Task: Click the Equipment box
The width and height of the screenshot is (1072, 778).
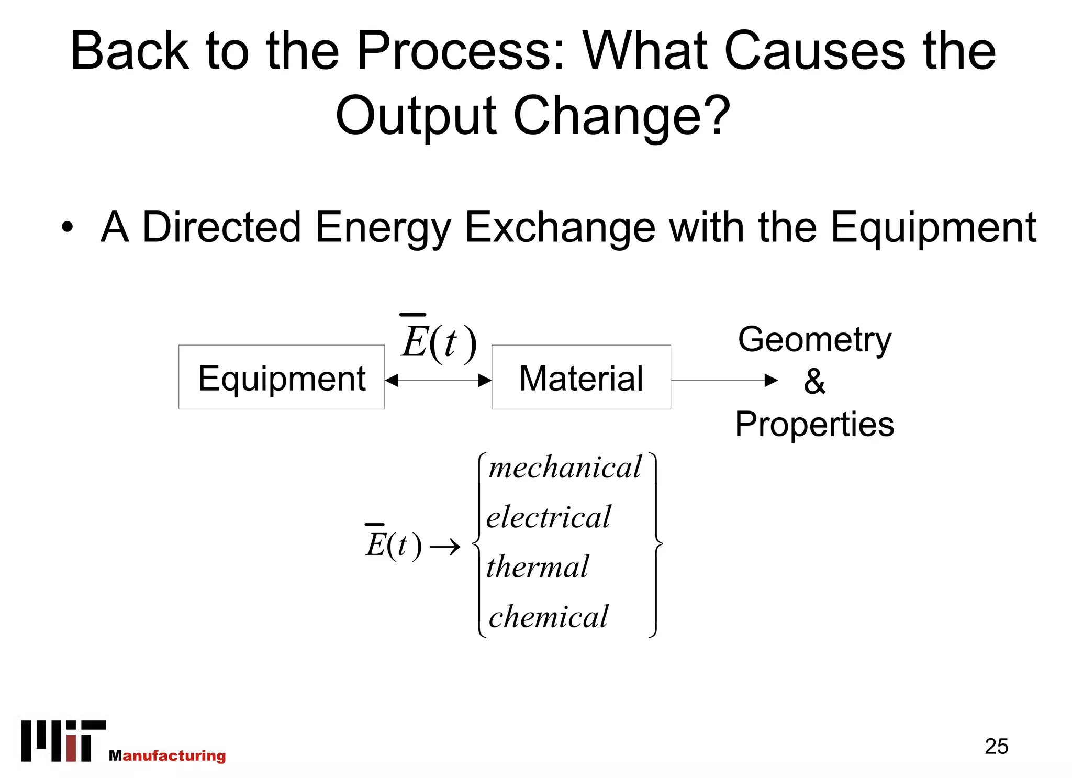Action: (x=282, y=377)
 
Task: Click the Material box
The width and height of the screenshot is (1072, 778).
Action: (x=581, y=377)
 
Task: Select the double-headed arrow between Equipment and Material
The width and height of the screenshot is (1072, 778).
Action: (x=439, y=381)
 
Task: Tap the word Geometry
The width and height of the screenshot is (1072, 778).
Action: (x=814, y=340)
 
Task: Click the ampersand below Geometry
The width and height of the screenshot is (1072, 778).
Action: (x=814, y=382)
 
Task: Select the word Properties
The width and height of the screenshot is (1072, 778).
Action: (x=814, y=424)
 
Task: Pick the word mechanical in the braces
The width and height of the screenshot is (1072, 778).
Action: (x=564, y=467)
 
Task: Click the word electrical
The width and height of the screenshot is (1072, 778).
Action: (x=549, y=517)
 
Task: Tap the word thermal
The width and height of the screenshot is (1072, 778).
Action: (x=538, y=566)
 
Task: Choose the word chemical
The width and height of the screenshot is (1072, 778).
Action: (x=549, y=616)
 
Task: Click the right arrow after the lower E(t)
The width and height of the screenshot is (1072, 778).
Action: (x=445, y=548)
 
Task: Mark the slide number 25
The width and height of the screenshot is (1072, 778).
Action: (x=996, y=746)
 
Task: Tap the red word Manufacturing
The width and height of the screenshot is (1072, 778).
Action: (x=167, y=755)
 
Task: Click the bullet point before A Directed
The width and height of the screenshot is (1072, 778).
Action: (x=67, y=228)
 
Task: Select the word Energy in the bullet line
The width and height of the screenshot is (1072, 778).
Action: (x=382, y=228)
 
